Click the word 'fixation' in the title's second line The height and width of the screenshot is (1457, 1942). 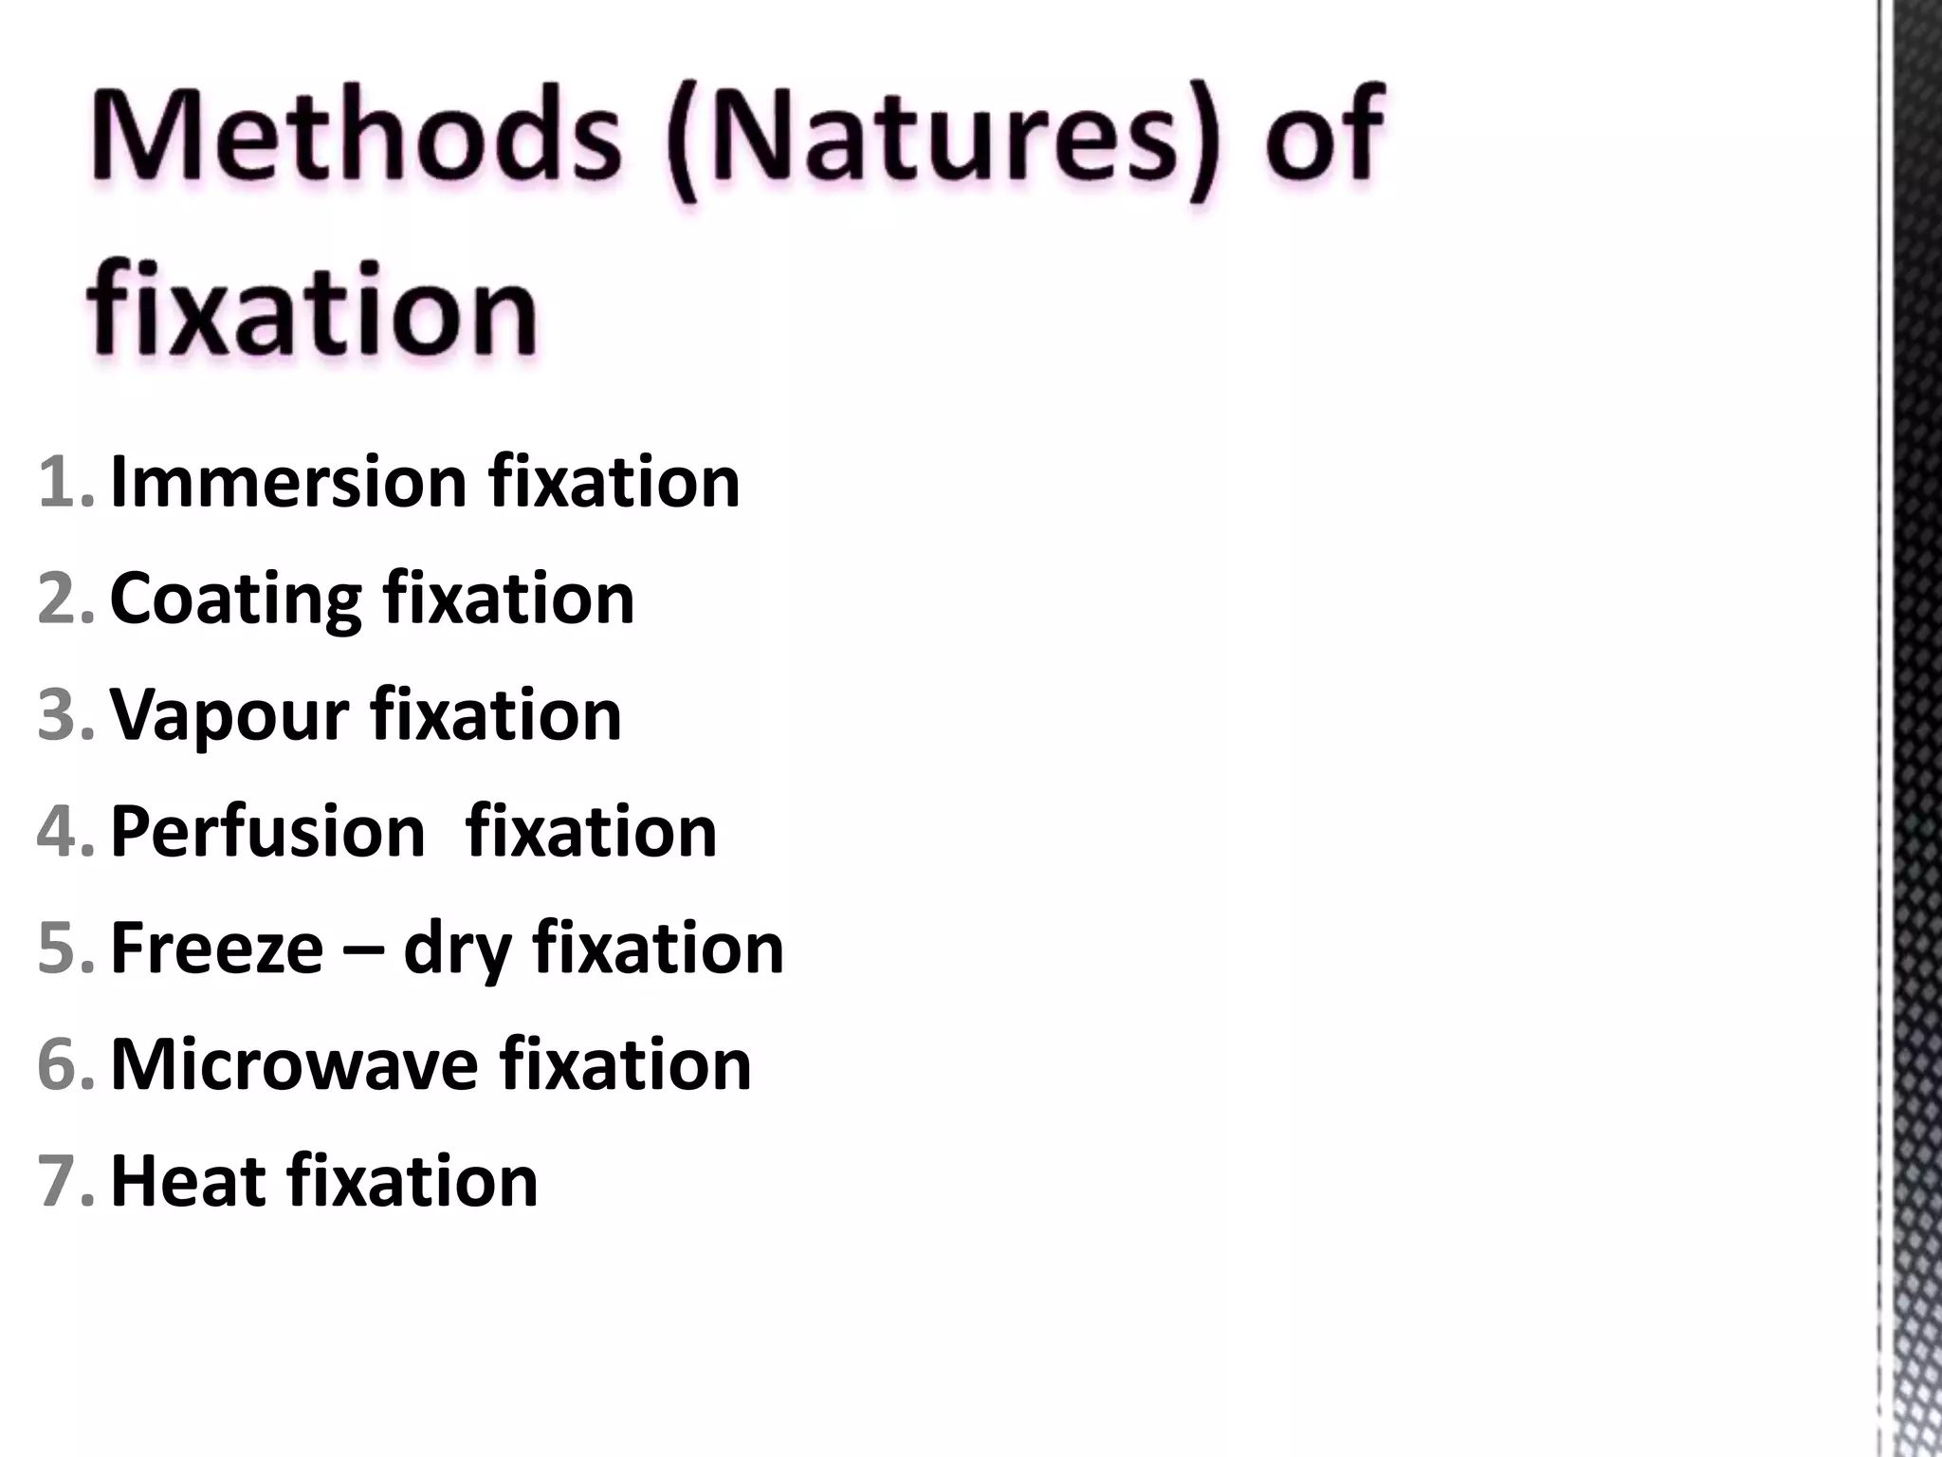point(313,308)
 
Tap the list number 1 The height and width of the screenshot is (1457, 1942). point(63,483)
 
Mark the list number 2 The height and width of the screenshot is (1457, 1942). point(63,599)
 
